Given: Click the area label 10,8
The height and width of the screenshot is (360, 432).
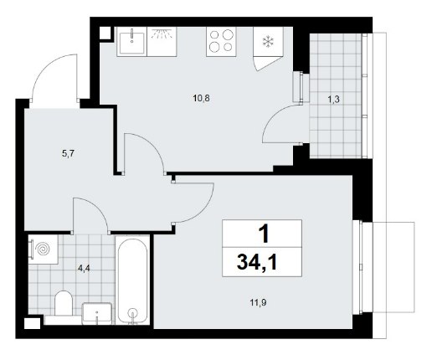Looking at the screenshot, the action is coord(201,98).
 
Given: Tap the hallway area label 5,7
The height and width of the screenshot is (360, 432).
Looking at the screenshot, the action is coord(69,153).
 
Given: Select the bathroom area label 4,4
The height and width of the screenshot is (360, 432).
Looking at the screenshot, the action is coord(84,269).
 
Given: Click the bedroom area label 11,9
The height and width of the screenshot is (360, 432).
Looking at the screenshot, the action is coord(258,303).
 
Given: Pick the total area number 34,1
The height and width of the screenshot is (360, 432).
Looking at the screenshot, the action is coord(256,263).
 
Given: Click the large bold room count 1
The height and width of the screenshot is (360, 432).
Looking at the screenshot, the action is coord(264,234).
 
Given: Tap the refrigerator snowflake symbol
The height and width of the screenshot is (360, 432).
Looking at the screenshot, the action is coord(268,42).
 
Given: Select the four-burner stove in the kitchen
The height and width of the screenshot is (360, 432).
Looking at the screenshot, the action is coord(221,42).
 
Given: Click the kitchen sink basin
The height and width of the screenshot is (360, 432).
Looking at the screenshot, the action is coord(132,43).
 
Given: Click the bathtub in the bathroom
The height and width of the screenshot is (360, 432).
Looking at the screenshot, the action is coord(132,280).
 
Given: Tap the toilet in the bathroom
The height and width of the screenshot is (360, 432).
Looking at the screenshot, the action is coord(64,303).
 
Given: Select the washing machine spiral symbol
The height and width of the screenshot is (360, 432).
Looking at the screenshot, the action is coord(43,249).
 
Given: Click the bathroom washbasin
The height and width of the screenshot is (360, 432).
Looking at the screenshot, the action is coord(97,313).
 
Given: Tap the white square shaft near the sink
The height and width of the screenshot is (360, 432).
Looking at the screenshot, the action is coord(105,33).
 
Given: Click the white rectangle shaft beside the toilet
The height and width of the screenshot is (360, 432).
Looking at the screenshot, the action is coord(33,323).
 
